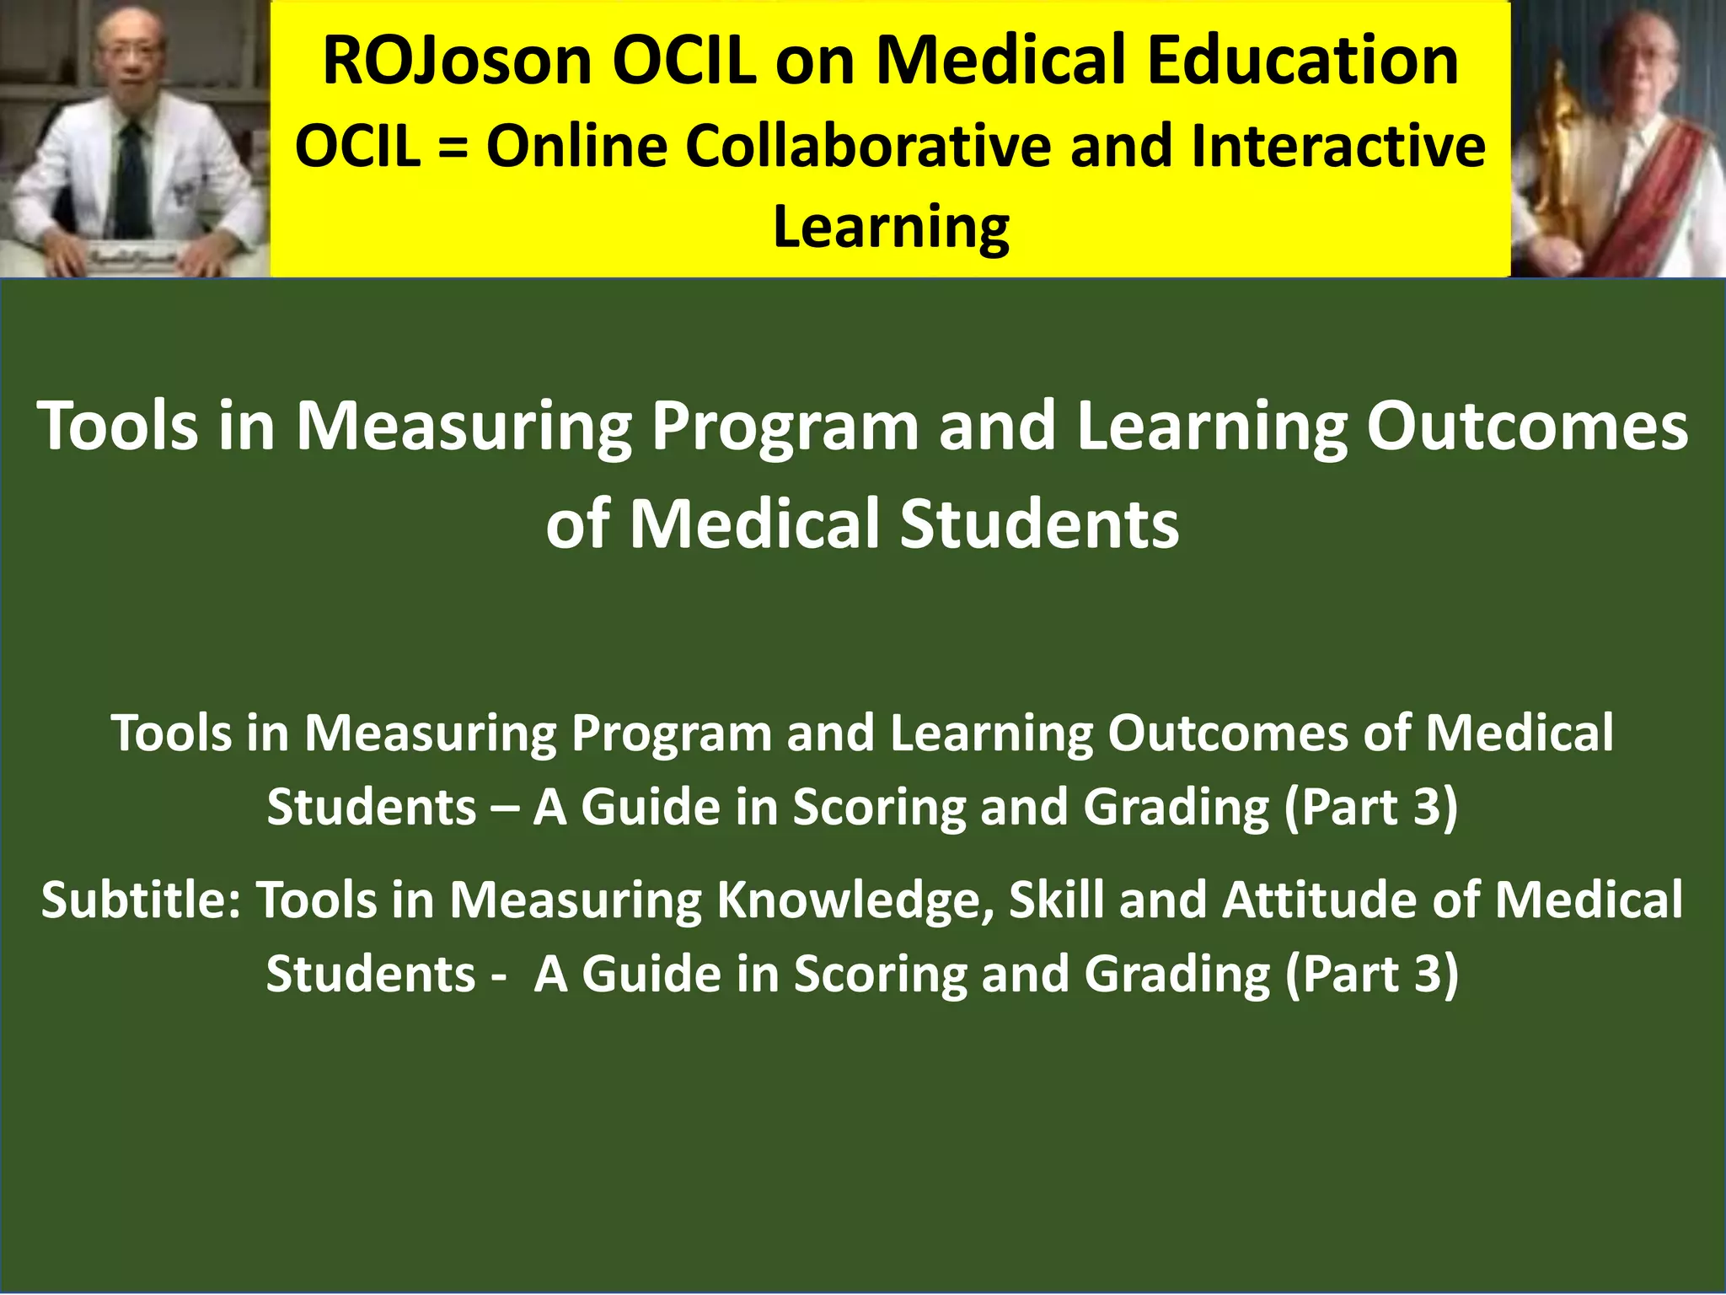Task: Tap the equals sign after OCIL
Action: (453, 146)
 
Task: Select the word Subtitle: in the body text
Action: (142, 900)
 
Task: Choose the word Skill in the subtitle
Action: (1057, 900)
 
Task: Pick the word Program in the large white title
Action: (785, 427)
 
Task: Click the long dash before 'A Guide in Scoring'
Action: (505, 808)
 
